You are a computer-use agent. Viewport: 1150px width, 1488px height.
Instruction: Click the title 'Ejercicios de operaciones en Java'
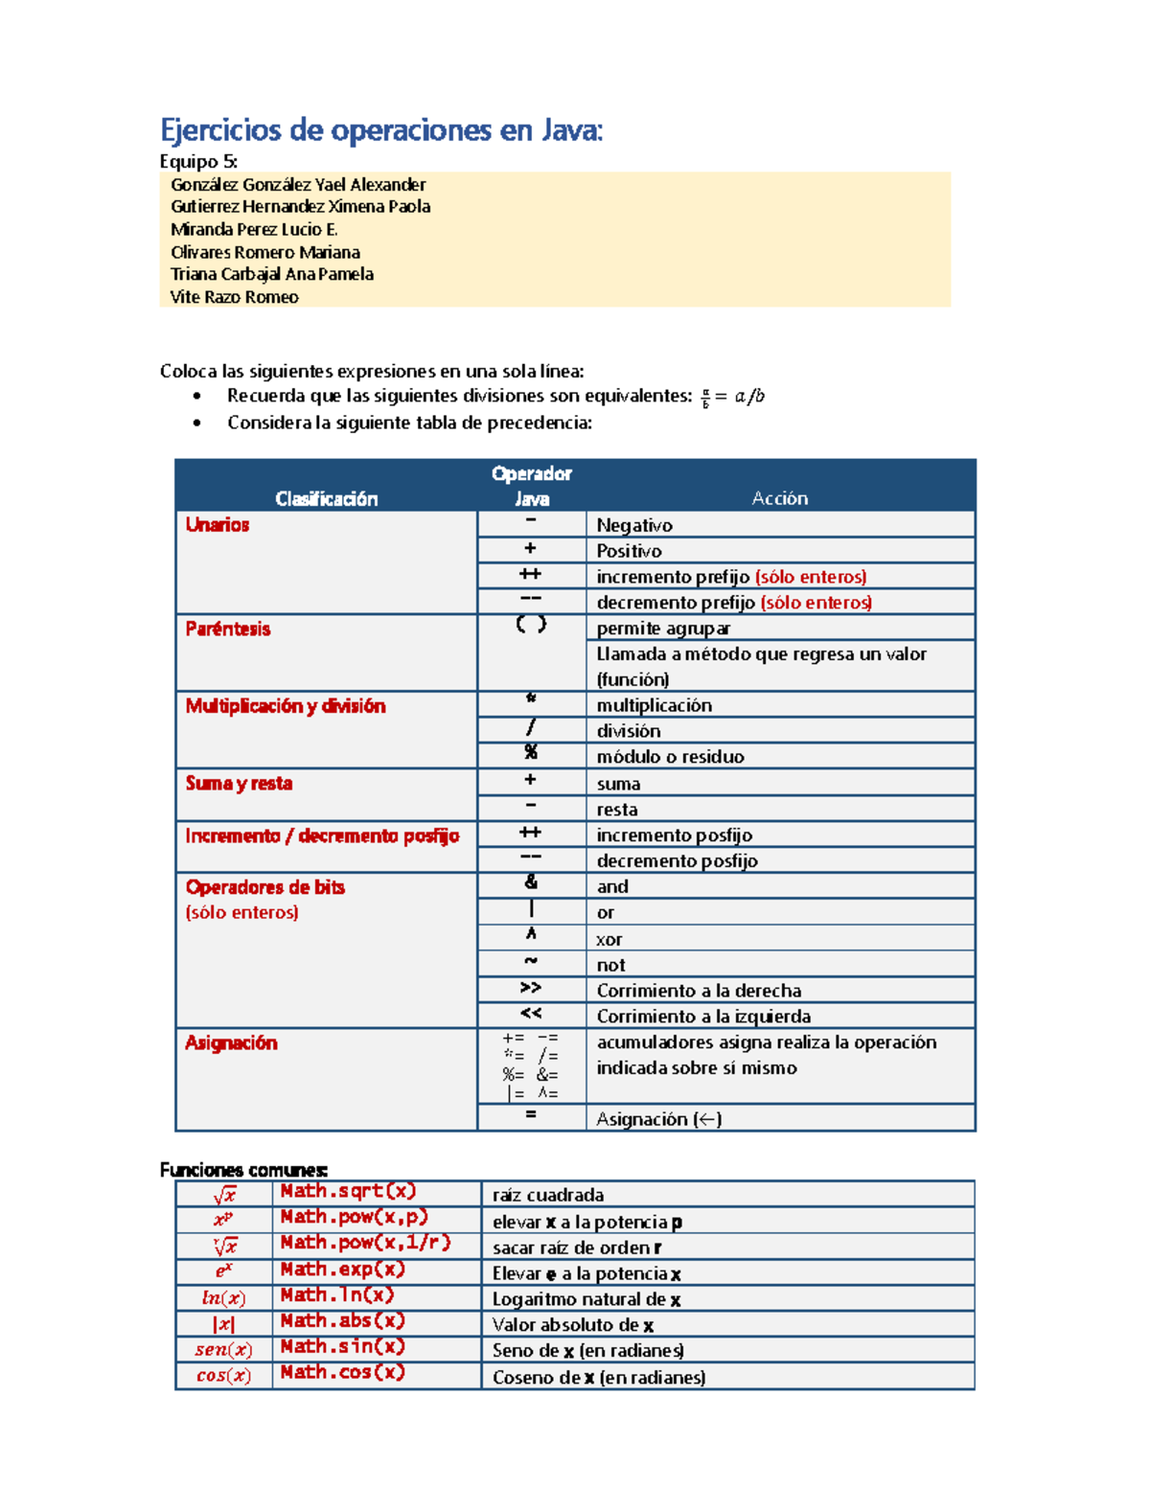[381, 129]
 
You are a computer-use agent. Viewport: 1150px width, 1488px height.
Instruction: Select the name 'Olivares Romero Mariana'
[265, 252]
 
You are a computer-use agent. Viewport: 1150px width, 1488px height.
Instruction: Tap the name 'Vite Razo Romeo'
[234, 297]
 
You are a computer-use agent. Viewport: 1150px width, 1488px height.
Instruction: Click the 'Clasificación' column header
[326, 498]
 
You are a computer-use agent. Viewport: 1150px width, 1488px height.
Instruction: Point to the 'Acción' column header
[779, 498]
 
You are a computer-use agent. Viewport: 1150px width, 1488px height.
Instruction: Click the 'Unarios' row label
[218, 525]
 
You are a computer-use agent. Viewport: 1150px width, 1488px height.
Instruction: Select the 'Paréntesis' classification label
[228, 630]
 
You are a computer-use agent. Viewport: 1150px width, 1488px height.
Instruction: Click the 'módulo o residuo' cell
[670, 757]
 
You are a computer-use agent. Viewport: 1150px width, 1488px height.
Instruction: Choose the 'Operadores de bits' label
[265, 887]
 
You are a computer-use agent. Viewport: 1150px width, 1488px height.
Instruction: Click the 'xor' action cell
[609, 940]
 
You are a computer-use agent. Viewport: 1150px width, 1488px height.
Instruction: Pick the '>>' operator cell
[531, 988]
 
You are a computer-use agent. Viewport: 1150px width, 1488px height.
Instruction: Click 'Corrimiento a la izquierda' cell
[703, 1017]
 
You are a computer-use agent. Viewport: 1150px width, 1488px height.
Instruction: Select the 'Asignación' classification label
[231, 1043]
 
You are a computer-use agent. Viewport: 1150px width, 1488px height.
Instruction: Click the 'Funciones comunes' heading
[243, 1170]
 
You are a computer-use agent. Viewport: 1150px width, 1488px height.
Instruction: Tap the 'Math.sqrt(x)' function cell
[348, 1191]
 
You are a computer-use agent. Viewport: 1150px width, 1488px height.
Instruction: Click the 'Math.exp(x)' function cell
[342, 1270]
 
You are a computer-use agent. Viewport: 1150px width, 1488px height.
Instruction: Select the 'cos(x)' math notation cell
[223, 1376]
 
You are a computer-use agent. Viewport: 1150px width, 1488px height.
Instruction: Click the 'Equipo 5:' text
[198, 161]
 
